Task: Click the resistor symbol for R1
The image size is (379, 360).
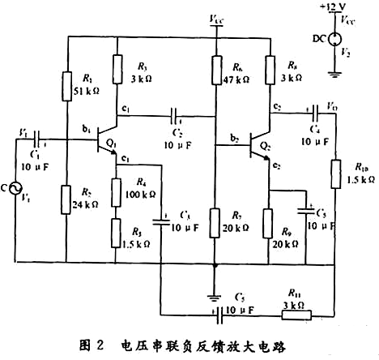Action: [x=67, y=83]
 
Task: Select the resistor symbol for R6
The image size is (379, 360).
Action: [x=216, y=69]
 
